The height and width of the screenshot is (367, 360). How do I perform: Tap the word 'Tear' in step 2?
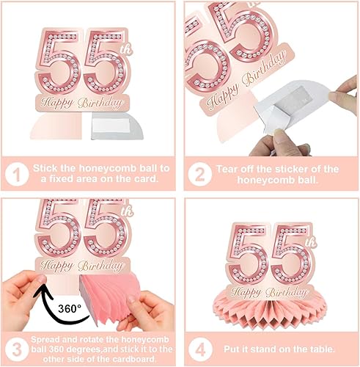click(x=227, y=169)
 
